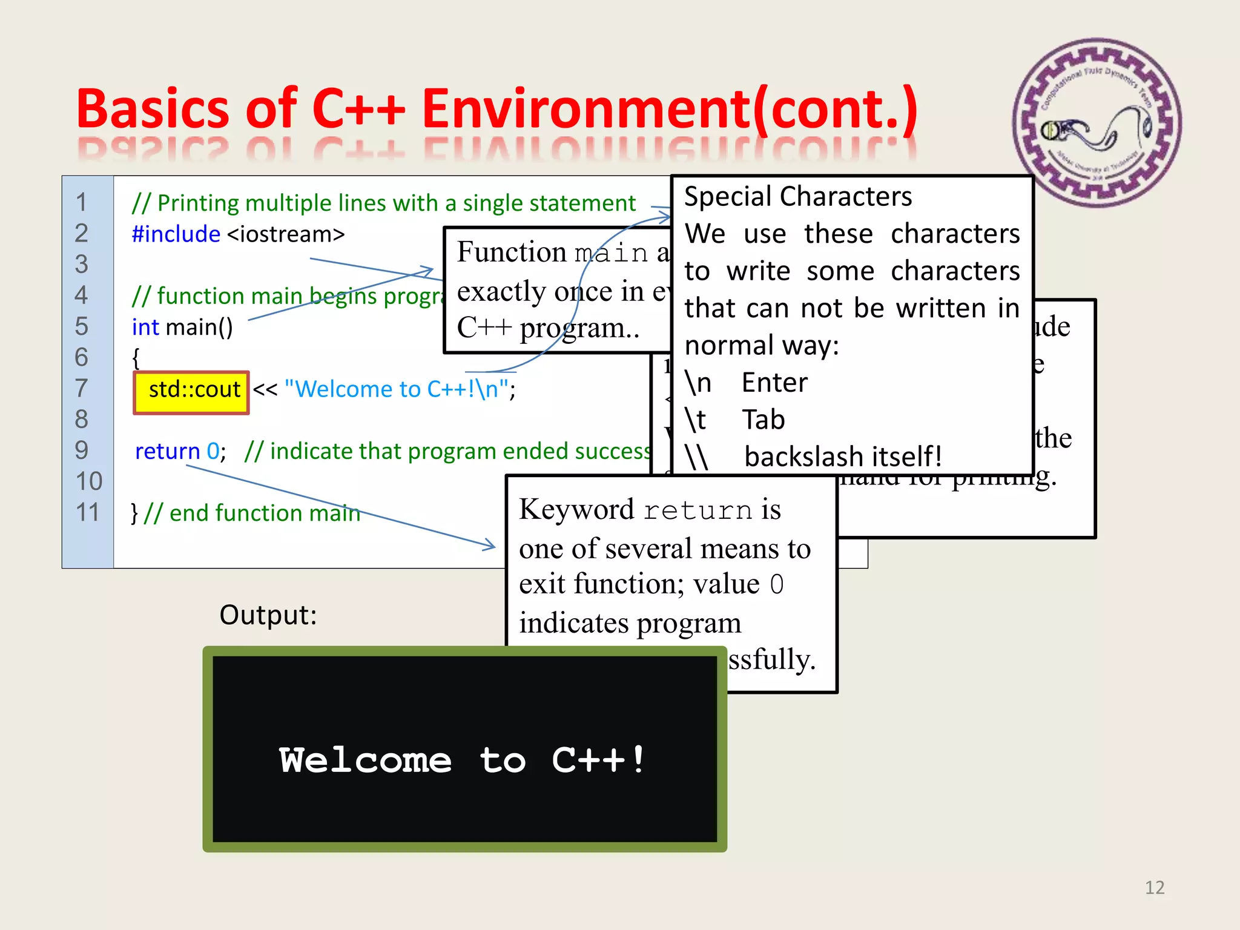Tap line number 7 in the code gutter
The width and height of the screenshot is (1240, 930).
82,388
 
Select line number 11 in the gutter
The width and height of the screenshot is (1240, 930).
88,512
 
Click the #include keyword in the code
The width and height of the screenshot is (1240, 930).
176,234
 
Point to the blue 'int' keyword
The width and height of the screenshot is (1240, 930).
145,327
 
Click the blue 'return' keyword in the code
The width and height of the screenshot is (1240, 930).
167,451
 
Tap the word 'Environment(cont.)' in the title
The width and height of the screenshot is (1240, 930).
670,109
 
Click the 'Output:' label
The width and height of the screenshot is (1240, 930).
268,615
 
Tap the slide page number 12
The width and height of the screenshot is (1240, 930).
1155,888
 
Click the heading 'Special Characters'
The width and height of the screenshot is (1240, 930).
797,197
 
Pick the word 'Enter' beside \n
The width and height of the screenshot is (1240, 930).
774,383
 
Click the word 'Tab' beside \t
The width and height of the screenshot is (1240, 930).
763,420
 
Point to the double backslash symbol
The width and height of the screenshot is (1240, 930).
696,457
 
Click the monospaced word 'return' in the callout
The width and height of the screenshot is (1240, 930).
697,510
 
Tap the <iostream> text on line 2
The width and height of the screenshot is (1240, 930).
286,234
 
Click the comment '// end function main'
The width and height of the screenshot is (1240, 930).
252,513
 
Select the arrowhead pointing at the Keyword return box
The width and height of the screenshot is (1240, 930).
490,545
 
